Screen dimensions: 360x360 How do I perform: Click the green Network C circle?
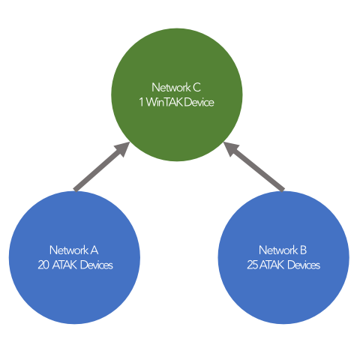tap(177, 94)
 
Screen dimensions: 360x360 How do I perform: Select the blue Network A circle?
tap(74, 257)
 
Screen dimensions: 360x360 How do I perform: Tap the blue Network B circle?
tap(283, 257)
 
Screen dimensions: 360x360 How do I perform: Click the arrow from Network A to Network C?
tap(101, 166)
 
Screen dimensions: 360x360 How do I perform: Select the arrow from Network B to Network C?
tap(254, 166)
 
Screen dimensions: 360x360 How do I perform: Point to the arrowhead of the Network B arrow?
tap(230, 148)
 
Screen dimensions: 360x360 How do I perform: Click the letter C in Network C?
tap(196, 88)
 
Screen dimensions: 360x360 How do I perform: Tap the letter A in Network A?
tap(94, 250)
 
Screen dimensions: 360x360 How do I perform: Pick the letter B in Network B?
tap(303, 250)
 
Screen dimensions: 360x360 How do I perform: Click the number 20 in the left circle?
tap(43, 265)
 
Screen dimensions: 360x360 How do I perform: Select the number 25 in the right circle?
tap(253, 265)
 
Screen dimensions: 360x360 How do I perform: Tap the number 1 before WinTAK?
tap(142, 102)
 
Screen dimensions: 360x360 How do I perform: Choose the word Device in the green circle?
tap(199, 102)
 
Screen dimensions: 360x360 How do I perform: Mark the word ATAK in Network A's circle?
tap(64, 265)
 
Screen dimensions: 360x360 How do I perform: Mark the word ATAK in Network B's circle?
tap(272, 265)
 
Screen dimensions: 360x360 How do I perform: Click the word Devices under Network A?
tap(97, 265)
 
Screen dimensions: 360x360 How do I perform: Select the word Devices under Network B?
tap(304, 265)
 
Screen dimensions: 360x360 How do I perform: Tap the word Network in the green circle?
tap(171, 88)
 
